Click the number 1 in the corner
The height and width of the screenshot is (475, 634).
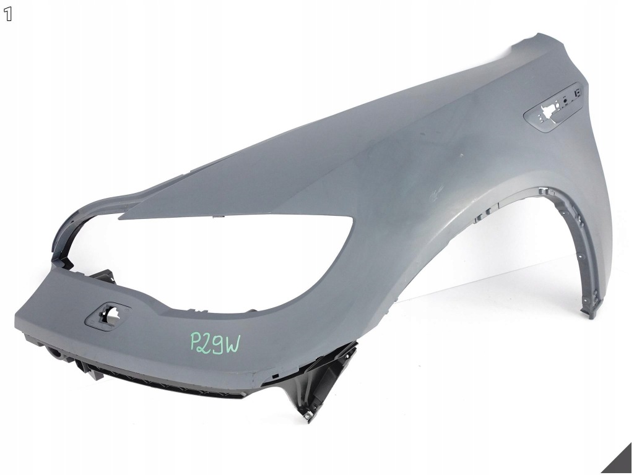click(x=8, y=15)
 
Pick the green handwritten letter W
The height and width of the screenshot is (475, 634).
click(x=233, y=344)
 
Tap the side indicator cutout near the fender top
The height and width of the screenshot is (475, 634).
click(x=552, y=108)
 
